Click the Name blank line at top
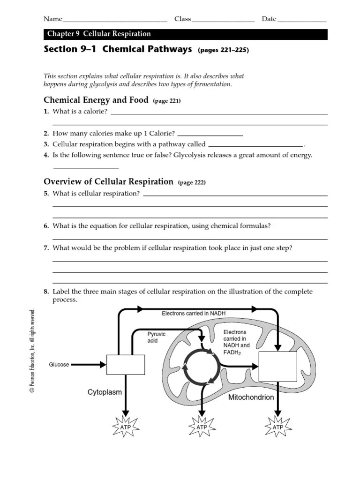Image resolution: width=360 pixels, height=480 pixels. (115, 21)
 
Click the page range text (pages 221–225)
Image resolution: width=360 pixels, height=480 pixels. (223, 50)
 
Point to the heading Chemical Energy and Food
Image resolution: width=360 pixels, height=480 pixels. (96, 100)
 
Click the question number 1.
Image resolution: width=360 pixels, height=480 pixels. (46, 111)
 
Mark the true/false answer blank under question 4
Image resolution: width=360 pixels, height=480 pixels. (86, 167)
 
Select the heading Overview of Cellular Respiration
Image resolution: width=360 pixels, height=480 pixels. (108, 181)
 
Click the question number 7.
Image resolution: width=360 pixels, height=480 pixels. (46, 248)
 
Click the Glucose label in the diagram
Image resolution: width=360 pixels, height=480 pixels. (59, 365)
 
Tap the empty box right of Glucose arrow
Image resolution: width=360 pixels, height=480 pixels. (126, 365)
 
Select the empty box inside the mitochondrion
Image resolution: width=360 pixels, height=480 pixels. (278, 367)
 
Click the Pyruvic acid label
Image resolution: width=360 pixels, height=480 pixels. (156, 337)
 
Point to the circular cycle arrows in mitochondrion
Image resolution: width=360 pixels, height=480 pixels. (201, 365)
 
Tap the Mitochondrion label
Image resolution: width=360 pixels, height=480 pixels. (251, 397)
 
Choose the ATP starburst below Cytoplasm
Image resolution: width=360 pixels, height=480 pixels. (125, 427)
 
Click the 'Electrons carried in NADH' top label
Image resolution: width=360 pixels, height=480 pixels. (196, 313)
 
